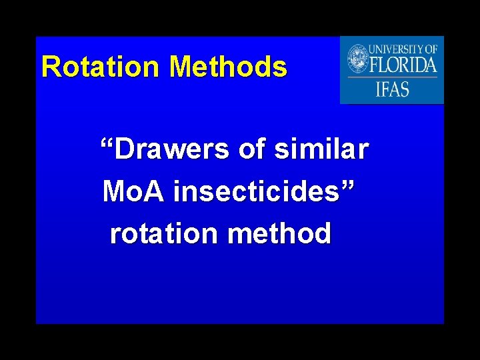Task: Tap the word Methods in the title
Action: click(228, 67)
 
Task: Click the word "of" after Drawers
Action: click(251, 150)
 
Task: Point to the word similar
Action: click(321, 150)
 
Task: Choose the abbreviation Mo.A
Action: click(133, 193)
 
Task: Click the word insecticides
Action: click(257, 193)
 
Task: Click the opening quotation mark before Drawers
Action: click(107, 143)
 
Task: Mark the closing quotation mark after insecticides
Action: click(348, 186)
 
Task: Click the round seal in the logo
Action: click(358, 59)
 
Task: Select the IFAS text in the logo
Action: click(392, 89)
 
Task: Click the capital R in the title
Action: click(50, 67)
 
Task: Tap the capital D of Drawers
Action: click(125, 150)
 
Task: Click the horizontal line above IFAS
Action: click(392, 77)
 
